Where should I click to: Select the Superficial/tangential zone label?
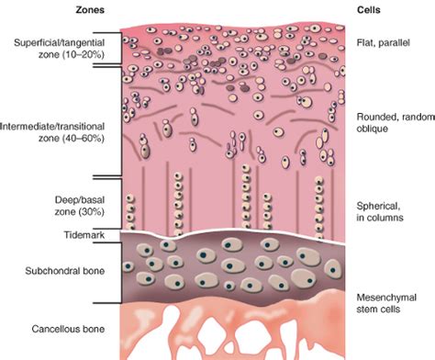point(61,50)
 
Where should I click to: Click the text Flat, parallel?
point(385,42)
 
